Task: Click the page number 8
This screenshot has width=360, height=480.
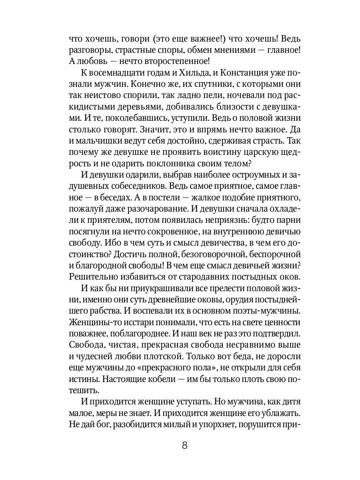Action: [184, 445]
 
